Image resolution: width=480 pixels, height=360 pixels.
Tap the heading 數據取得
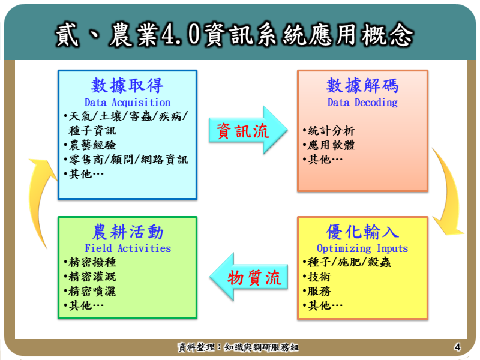[127, 85]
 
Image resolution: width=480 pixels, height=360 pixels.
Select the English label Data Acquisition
[127, 103]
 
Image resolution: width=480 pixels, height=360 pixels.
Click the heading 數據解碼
[362, 85]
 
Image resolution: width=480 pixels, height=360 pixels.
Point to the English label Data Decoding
[362, 103]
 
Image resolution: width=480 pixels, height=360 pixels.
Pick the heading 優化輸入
[362, 232]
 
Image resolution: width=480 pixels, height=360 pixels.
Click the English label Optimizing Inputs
[362, 248]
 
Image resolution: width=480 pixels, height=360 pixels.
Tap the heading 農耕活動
[127, 232]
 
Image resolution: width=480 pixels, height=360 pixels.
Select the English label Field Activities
[127, 248]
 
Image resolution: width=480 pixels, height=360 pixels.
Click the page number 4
[457, 347]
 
